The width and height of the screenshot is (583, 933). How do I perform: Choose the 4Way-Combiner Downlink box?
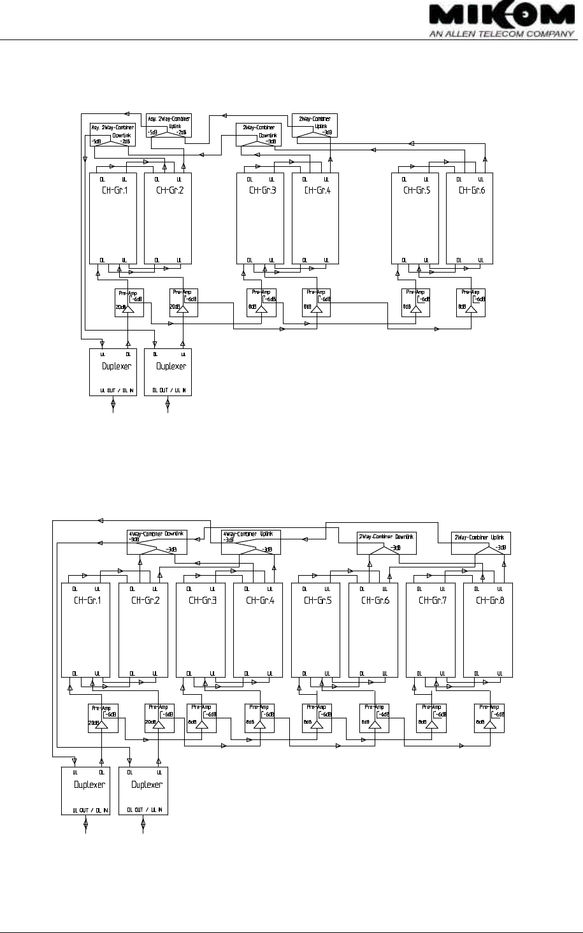[x=157, y=542]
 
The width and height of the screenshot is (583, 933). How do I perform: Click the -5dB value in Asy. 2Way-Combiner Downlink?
[x=97, y=141]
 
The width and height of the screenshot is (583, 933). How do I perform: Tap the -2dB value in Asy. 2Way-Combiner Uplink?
[x=182, y=132]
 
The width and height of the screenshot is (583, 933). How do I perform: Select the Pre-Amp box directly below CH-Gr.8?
[x=489, y=718]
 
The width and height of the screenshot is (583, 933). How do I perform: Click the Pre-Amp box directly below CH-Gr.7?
[x=431, y=718]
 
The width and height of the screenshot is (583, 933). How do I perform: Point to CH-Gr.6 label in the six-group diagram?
[x=471, y=190]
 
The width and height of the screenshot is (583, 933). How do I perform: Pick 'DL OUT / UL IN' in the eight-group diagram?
[x=147, y=810]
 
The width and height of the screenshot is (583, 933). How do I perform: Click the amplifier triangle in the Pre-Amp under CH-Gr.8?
[x=489, y=725]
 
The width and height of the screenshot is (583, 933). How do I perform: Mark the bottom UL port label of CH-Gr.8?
[x=500, y=673]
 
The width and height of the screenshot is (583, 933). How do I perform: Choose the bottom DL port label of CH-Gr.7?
[x=419, y=673]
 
